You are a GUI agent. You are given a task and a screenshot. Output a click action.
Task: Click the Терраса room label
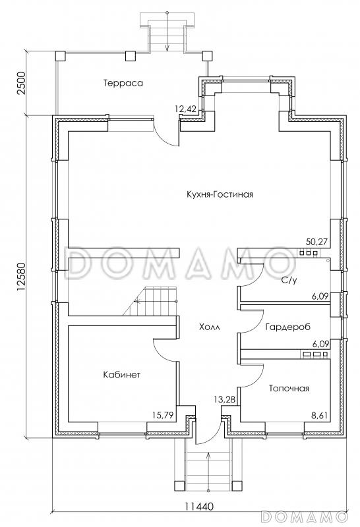123,83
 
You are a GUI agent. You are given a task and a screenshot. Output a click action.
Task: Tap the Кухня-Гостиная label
220,194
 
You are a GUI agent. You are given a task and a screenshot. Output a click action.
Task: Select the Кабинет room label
122,374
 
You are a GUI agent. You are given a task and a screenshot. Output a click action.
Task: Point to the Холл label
209,327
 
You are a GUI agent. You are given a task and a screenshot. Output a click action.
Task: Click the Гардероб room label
287,327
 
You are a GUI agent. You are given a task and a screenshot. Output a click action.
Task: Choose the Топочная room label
289,389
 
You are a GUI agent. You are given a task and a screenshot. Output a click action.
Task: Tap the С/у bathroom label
289,280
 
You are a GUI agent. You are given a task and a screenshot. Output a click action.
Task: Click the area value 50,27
316,242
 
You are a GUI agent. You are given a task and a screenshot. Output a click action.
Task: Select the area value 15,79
162,416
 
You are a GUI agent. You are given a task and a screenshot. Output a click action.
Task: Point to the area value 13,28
224,400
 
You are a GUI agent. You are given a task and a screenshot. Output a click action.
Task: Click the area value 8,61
320,416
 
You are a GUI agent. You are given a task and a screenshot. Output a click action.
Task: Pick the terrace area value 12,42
185,109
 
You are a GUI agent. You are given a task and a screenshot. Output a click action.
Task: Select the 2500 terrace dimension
22,84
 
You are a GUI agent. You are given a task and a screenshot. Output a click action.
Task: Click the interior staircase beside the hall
150,301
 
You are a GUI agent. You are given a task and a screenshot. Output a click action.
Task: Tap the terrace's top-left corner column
61,56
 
